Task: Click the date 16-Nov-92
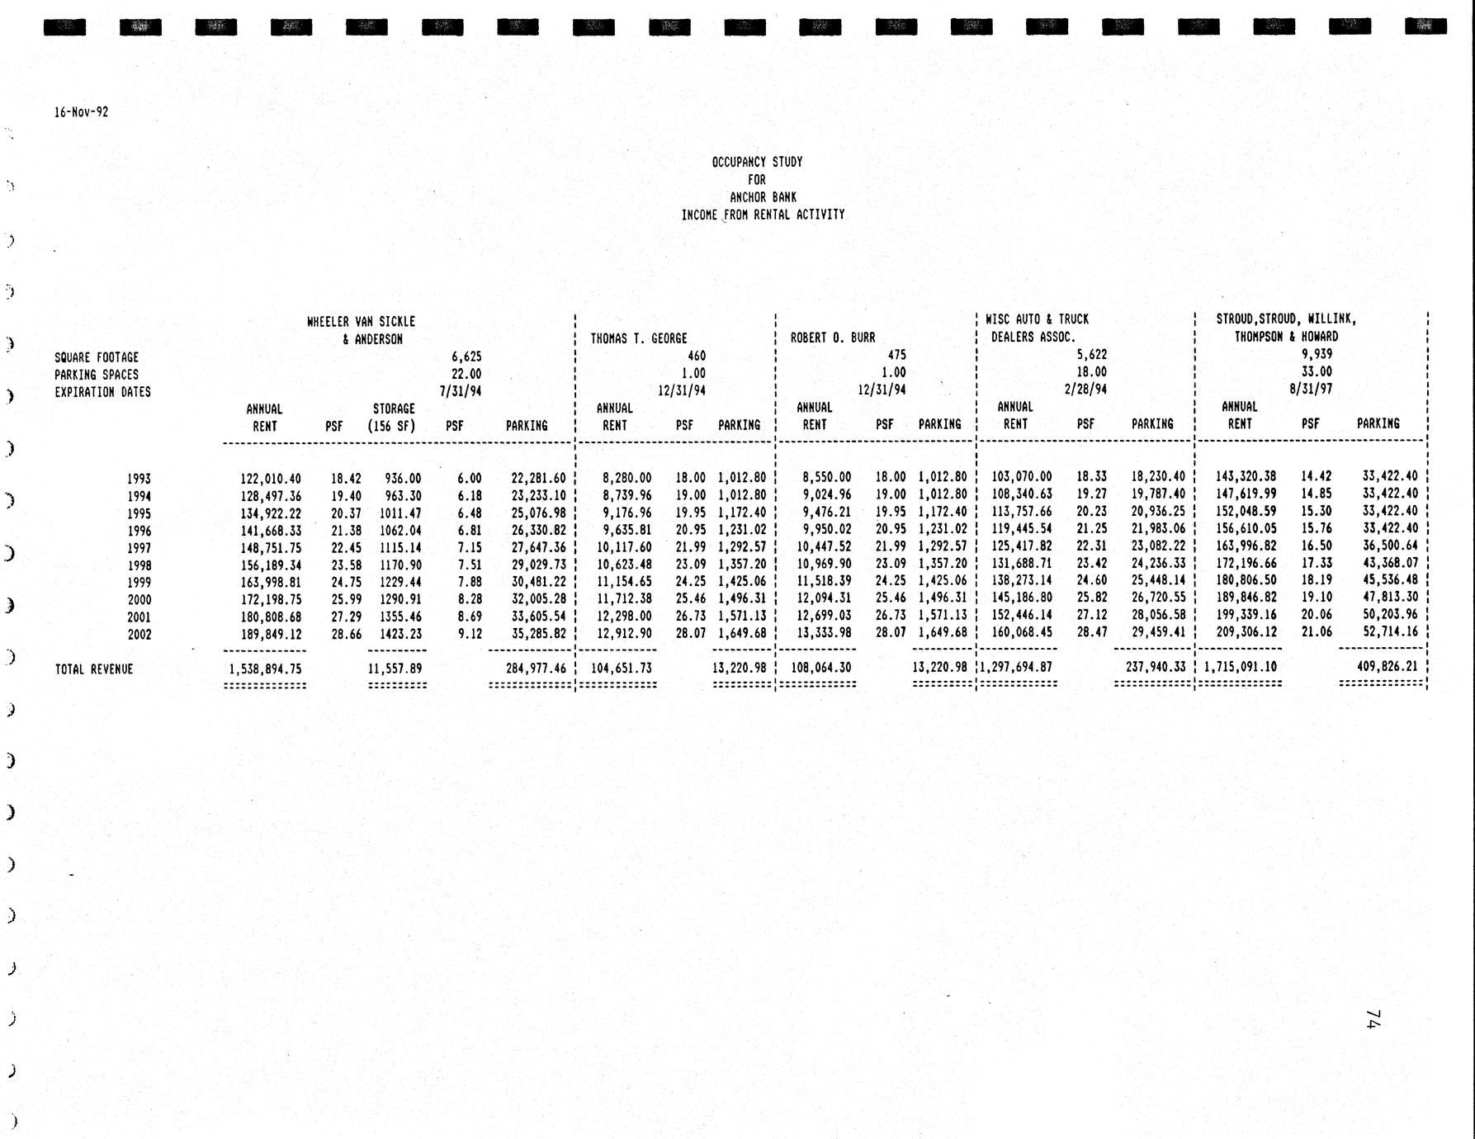point(81,112)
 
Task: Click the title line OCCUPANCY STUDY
point(757,163)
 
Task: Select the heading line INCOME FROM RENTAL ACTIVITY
point(763,215)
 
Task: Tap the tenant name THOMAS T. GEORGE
point(639,338)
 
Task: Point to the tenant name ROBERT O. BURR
point(833,338)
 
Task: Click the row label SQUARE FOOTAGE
point(97,357)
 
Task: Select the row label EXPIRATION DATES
point(102,392)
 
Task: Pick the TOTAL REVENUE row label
point(93,669)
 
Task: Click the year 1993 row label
point(139,479)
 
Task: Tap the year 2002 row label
point(139,635)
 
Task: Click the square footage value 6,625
point(466,357)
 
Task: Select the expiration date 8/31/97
point(1311,389)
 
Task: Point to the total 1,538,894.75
point(265,669)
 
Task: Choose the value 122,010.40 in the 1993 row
point(271,479)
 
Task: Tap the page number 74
point(1373,1018)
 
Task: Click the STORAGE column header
point(394,409)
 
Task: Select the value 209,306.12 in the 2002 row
point(1246,633)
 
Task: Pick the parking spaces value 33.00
point(1317,371)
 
